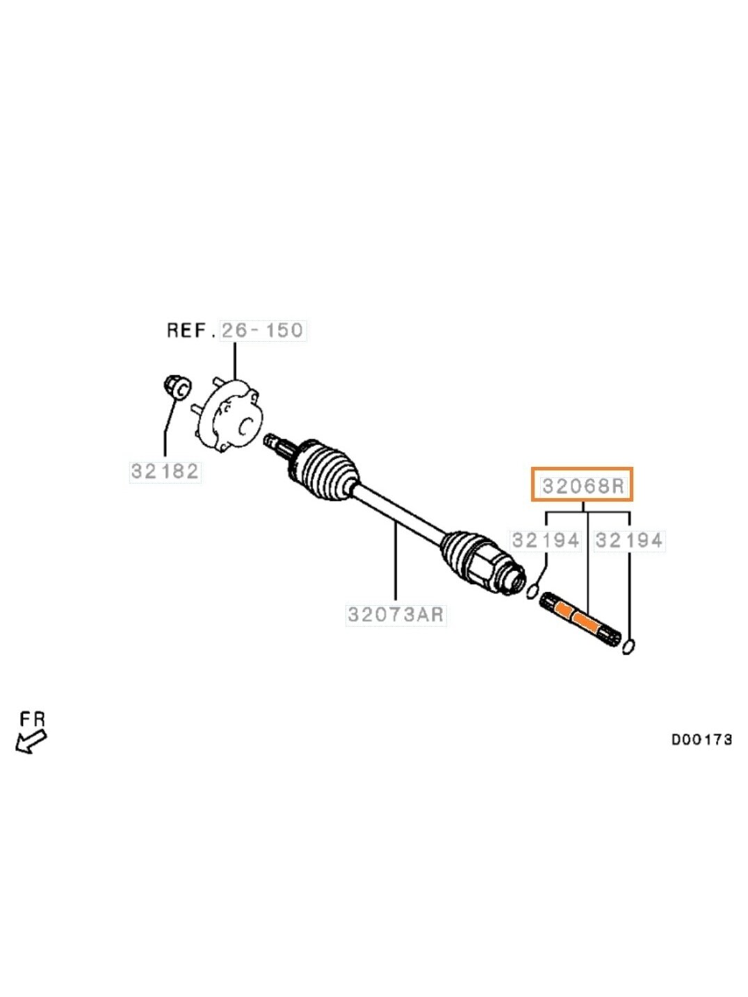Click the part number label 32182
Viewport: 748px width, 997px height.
pos(165,471)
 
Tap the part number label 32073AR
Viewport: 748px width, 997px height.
pos(396,615)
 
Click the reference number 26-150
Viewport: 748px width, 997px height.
pos(263,330)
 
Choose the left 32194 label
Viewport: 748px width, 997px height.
pos(546,541)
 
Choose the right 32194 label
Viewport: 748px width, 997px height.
pos(629,541)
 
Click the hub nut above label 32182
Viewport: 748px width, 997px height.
pos(177,386)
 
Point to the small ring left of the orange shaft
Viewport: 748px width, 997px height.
pos(532,592)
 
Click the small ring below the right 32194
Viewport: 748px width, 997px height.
pos(628,646)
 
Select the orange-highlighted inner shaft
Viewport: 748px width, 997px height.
pos(580,620)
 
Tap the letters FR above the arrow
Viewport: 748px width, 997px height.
pos(33,719)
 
